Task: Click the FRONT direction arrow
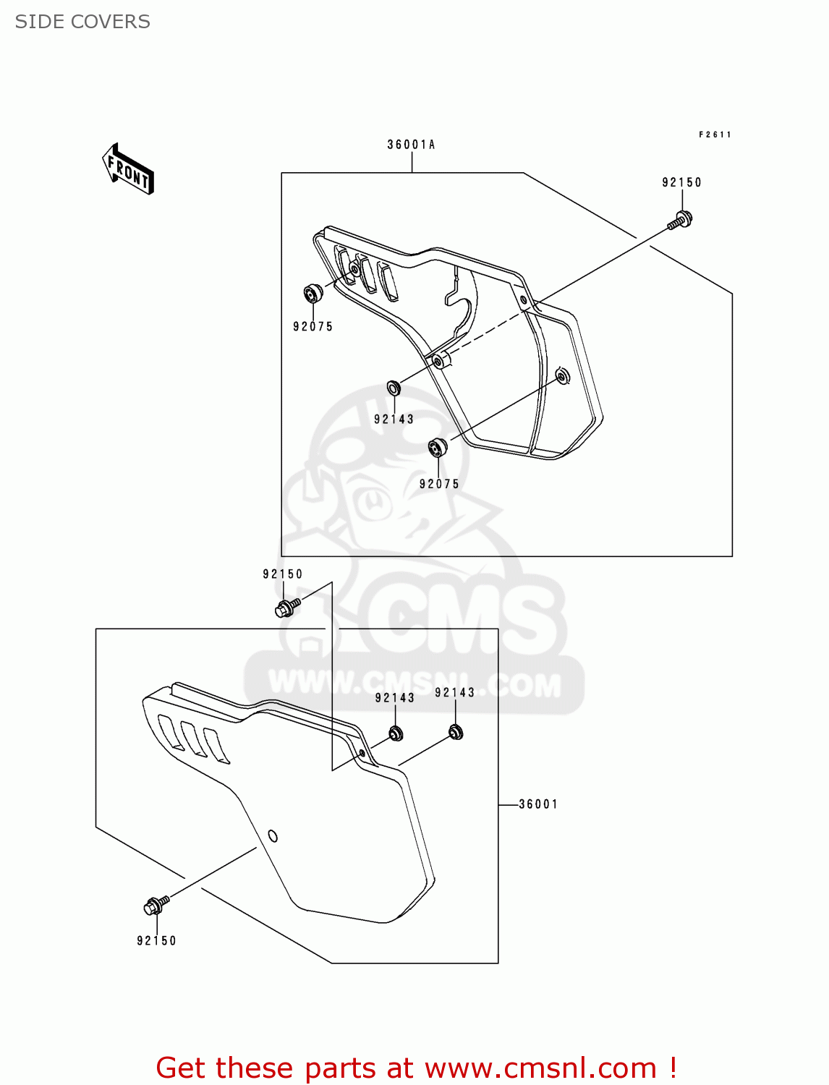128,169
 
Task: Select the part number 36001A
411,145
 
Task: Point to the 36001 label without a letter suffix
538,804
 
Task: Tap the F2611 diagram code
715,135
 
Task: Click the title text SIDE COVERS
82,22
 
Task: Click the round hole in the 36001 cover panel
273,836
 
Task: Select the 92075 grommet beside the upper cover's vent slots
313,294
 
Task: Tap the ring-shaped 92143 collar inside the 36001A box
394,388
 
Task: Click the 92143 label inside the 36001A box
394,420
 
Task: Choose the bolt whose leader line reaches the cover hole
156,906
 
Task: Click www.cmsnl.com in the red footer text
540,1068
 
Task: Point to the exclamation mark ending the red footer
673,1068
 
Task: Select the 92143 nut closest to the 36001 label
456,732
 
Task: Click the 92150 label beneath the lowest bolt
156,941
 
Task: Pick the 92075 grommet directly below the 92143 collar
438,448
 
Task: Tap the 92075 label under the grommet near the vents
313,327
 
